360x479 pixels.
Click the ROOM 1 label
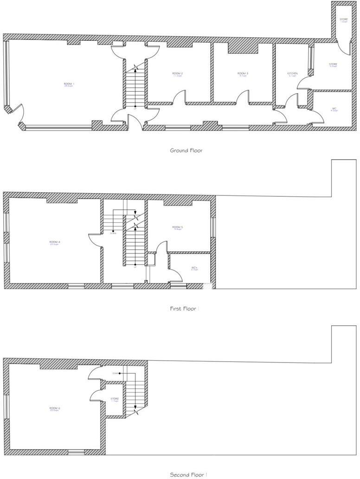tap(69, 84)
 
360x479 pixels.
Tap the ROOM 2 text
tap(177, 74)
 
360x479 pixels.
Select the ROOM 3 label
tap(243, 73)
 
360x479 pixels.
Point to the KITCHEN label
tap(292, 74)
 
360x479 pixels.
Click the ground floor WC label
tap(334, 109)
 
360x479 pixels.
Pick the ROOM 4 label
tap(55, 242)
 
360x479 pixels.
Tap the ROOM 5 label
tap(178, 227)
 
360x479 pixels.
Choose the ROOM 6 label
tap(55, 408)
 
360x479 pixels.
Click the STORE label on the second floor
tap(115, 399)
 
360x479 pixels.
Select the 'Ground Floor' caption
tap(186, 150)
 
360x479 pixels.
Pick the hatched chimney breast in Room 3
tap(242, 48)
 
